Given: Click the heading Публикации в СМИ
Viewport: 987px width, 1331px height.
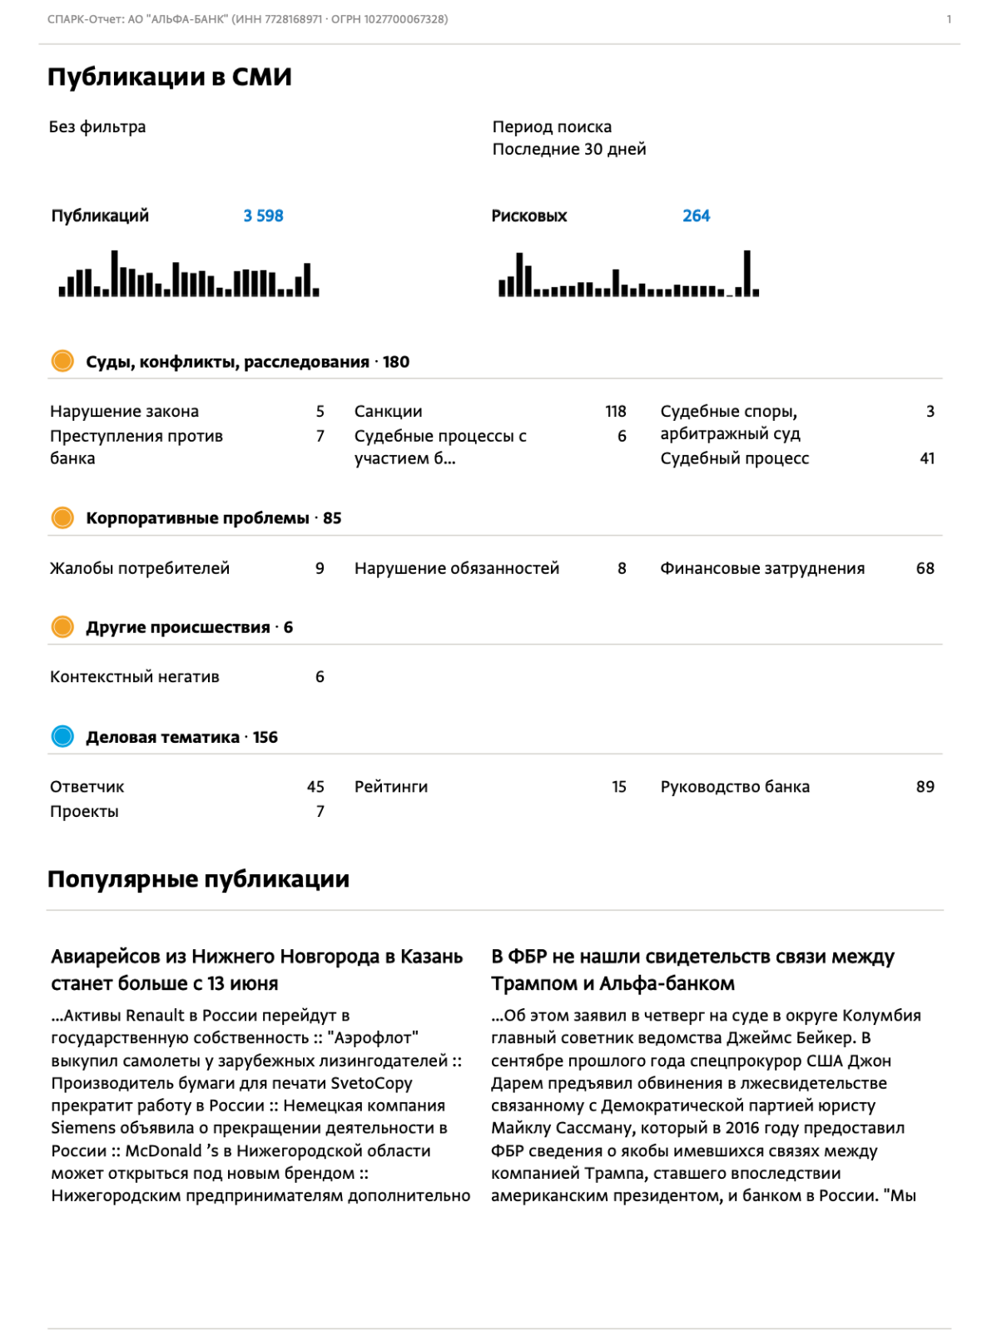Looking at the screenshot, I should tap(170, 77).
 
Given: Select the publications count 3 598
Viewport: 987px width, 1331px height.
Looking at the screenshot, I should tap(263, 216).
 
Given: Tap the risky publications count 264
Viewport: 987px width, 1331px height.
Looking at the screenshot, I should tap(696, 216).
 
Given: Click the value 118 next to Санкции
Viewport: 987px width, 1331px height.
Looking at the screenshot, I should tap(615, 412).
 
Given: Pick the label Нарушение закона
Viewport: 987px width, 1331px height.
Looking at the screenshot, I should tap(124, 412).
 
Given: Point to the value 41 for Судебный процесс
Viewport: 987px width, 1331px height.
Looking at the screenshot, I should tap(927, 458).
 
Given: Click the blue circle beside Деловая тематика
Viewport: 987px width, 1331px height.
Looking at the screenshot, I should tap(62, 736).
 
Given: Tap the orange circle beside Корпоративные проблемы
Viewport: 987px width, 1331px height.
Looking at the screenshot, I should tap(62, 517).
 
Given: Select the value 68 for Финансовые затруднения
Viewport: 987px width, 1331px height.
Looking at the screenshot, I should tap(925, 568).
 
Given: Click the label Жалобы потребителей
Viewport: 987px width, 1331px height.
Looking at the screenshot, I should tap(140, 568).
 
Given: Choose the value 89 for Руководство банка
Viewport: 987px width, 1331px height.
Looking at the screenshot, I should tap(925, 787).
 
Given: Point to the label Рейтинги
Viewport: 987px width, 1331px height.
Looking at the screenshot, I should tap(391, 787).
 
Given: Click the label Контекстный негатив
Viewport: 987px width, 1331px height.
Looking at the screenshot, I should tap(135, 677).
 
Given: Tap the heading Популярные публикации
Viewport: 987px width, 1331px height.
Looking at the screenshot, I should tap(198, 879).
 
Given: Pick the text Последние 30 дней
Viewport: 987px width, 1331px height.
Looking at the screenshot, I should tap(569, 150).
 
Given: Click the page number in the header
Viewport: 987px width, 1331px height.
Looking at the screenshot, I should tap(949, 19).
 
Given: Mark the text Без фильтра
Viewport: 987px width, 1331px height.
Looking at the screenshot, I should tap(97, 127).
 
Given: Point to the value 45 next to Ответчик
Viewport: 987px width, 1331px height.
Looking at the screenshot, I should tap(315, 787).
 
